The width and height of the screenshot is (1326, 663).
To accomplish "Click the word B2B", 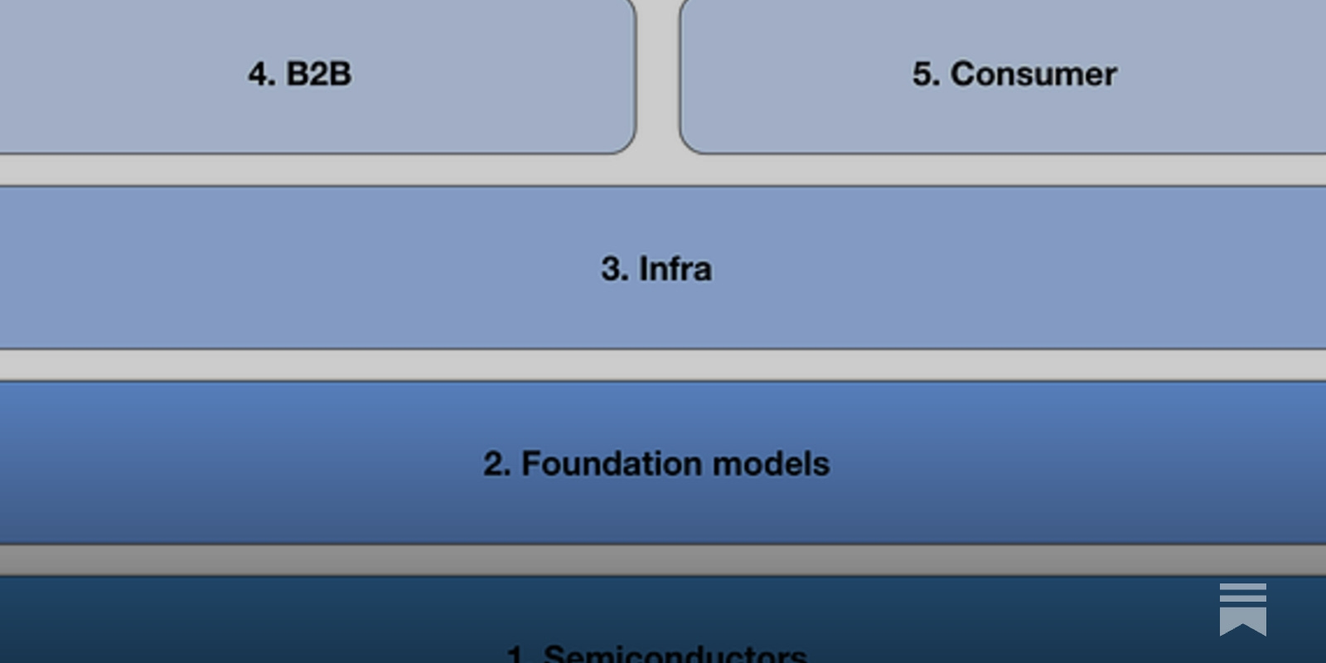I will click(318, 74).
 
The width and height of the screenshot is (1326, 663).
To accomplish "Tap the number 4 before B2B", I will click(259, 74).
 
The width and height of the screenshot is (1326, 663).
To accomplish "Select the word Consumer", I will click(1033, 74).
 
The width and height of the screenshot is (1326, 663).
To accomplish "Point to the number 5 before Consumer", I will click(923, 74).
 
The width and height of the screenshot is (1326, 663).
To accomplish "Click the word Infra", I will click(675, 269).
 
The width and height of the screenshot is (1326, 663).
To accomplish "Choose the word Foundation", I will click(612, 463).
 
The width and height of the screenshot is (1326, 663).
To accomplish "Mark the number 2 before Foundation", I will click(494, 463).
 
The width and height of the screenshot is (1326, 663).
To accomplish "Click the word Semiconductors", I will click(675, 655).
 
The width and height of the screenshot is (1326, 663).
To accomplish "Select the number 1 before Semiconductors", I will click(515, 656).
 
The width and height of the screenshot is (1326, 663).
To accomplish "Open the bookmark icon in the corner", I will click(1242, 609).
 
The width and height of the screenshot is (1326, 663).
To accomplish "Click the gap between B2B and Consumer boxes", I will click(658, 75).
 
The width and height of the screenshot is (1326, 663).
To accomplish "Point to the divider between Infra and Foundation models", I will click(663, 365).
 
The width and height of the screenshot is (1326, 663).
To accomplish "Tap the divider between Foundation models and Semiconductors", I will click(663, 560).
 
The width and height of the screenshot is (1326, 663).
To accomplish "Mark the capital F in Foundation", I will click(532, 463).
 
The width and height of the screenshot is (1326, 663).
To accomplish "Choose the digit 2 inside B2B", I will click(318, 74).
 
